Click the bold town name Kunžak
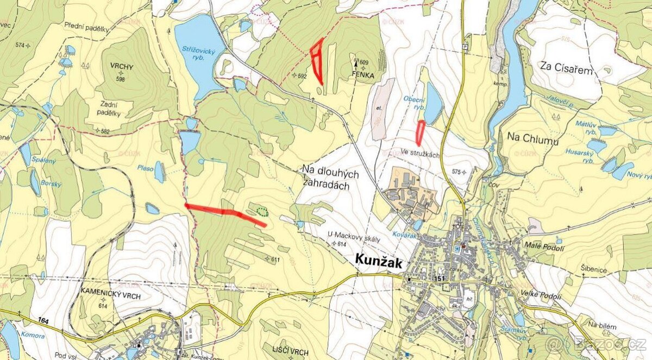click(379, 263)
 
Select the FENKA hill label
click(362, 75)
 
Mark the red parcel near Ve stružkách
click(420, 132)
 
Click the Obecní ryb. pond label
click(414, 102)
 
